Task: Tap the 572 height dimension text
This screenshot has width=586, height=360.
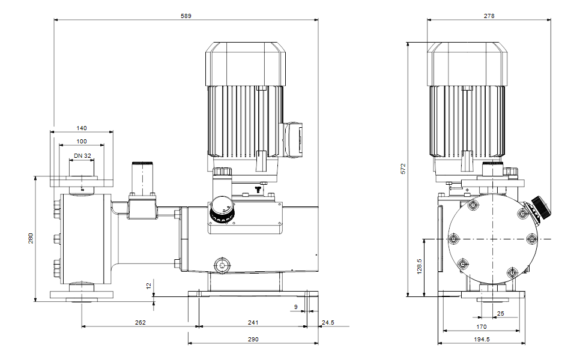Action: coord(403,169)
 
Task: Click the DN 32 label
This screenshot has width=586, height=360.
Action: coord(82,155)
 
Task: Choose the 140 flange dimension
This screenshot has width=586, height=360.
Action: coord(82,128)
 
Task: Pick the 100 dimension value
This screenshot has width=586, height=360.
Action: coord(82,141)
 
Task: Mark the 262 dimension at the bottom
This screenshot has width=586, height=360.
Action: coord(140,323)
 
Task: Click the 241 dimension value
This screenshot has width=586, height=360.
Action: coord(253,323)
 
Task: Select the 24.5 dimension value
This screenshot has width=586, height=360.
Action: coord(328,323)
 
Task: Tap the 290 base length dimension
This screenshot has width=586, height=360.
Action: coord(253,340)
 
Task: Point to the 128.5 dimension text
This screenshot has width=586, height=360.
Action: coord(420,266)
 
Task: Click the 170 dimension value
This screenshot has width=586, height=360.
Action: coord(482,327)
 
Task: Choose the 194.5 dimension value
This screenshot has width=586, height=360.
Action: coord(482,340)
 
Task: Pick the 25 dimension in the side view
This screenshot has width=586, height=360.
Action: coord(500,313)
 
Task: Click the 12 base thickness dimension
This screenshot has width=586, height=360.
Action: coord(149,286)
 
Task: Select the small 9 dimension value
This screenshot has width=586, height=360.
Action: coord(295,307)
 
